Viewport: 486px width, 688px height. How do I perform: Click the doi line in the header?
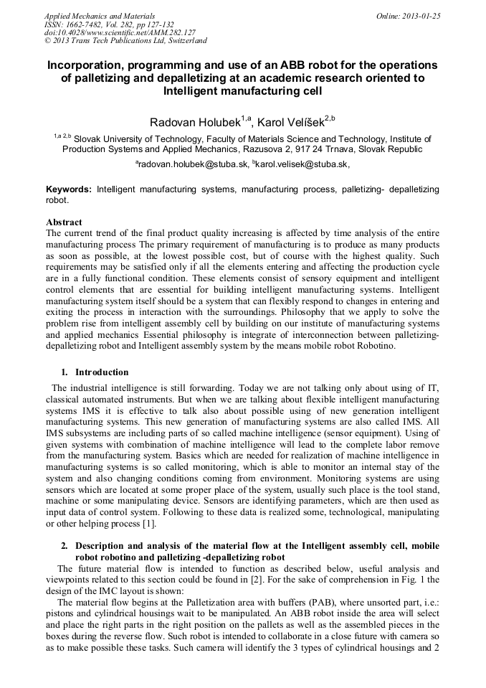[120, 33]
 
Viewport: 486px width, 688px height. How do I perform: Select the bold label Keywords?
[69, 189]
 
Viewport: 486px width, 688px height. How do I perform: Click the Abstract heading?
[64, 222]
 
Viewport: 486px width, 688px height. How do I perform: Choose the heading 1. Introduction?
[95, 372]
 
